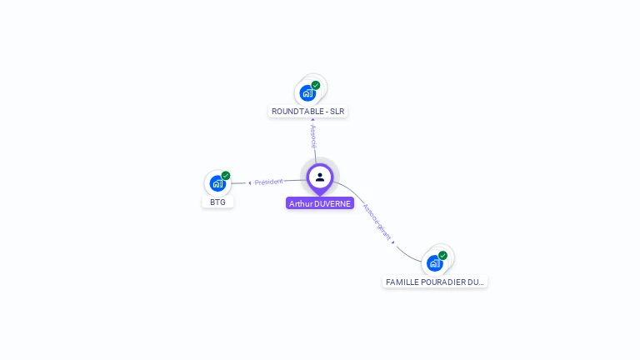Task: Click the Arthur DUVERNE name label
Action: [320, 203]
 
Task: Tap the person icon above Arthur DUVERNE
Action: [320, 177]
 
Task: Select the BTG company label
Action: [217, 202]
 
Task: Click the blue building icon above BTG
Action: [217, 183]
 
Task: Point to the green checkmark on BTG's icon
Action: [226, 176]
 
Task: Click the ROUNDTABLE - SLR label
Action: [307, 112]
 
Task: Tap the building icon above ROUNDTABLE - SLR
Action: [307, 92]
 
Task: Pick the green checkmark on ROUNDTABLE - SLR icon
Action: [316, 85]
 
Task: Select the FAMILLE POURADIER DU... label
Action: [435, 282]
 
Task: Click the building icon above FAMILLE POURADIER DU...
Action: [434, 263]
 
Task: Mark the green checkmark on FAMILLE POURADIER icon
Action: [442, 256]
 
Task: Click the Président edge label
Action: [269, 182]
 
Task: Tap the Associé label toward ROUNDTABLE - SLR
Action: [313, 137]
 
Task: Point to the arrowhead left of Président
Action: [249, 182]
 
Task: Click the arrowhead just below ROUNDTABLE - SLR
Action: [312, 121]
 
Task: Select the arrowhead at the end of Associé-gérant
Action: [392, 242]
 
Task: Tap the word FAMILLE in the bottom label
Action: [402, 282]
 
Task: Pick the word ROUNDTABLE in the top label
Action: [296, 112]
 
